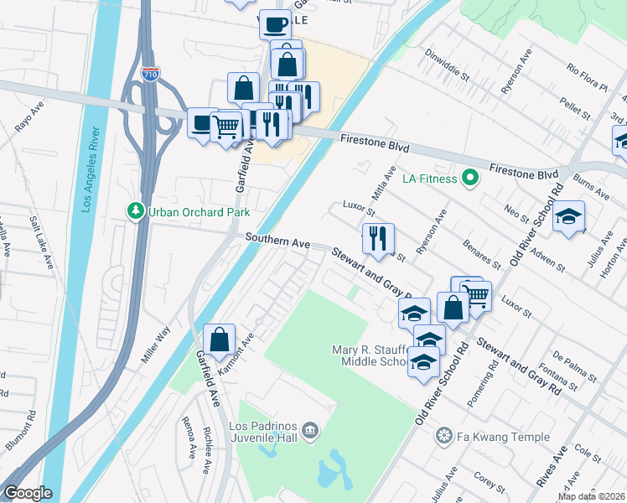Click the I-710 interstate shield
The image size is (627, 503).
click(150, 73)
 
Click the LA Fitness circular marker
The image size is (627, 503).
click(470, 178)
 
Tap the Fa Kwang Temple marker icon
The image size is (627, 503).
click(443, 436)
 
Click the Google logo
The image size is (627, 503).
click(28, 493)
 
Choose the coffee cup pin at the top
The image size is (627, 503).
click(275, 24)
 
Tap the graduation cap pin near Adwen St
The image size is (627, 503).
click(568, 217)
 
